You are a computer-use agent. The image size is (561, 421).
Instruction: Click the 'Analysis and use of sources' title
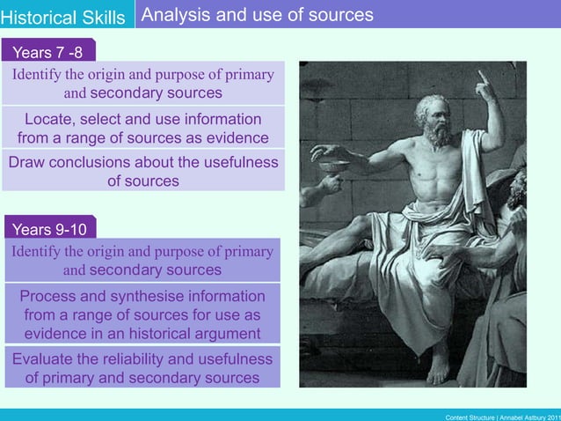coord(257,15)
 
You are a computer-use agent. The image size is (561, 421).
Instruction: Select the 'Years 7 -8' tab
coord(48,53)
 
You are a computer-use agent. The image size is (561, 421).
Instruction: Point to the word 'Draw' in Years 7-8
coord(26,163)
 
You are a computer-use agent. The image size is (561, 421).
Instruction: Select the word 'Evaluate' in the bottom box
coord(44,359)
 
